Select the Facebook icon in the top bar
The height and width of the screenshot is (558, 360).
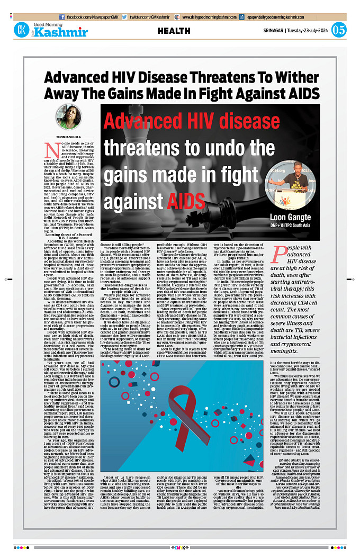(62, 17)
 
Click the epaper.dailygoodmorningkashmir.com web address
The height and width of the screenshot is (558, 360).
(302, 17)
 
